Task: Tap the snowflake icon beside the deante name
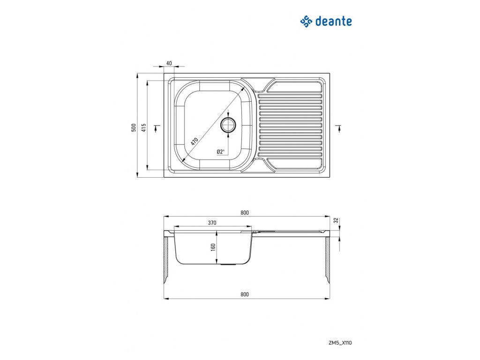coord(306,21)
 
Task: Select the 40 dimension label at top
coord(169,63)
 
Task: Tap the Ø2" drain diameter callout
coord(221,151)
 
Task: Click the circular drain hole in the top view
coord(228,125)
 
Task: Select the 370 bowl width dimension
coord(212,223)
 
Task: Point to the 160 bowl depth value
coord(213,247)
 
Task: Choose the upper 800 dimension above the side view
coord(244,213)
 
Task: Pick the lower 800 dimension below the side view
coord(244,294)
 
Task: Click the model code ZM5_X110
coord(341,343)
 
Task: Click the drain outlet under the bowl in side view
coord(228,264)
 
